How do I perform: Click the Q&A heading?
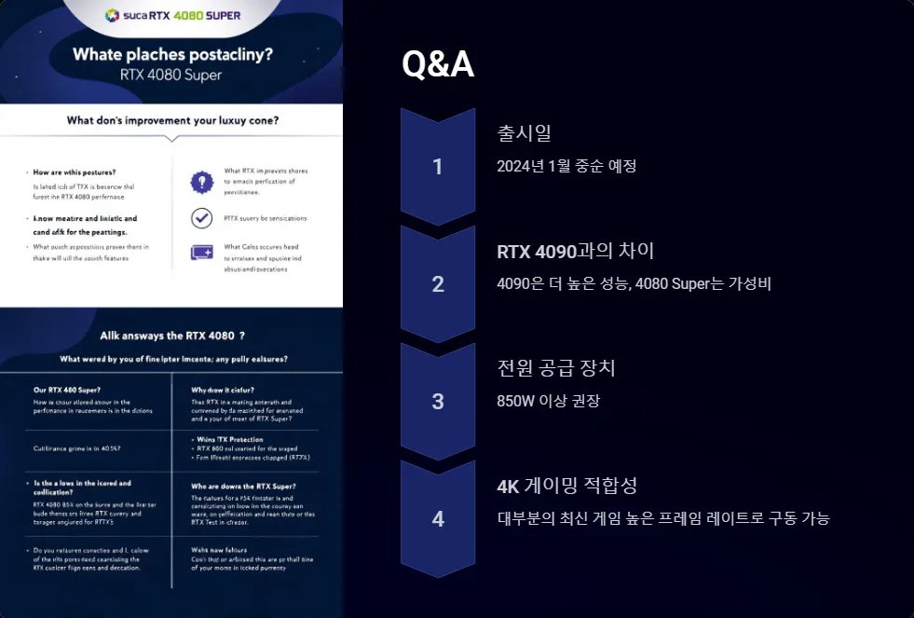click(438, 64)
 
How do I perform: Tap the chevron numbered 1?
click(438, 167)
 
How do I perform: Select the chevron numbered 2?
click(438, 284)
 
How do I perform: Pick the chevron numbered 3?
click(438, 402)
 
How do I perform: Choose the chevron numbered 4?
click(438, 519)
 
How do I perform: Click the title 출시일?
click(525, 133)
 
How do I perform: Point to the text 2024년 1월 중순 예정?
click(566, 166)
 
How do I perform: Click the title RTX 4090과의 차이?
click(576, 251)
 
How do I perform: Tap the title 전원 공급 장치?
click(556, 368)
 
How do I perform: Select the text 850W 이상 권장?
click(549, 401)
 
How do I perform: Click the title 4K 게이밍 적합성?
click(567, 486)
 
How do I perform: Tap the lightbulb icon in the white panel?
click(201, 182)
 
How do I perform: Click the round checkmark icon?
click(201, 218)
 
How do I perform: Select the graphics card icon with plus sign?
click(201, 252)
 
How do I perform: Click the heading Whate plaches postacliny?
click(172, 54)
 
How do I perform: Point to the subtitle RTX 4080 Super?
click(171, 75)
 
